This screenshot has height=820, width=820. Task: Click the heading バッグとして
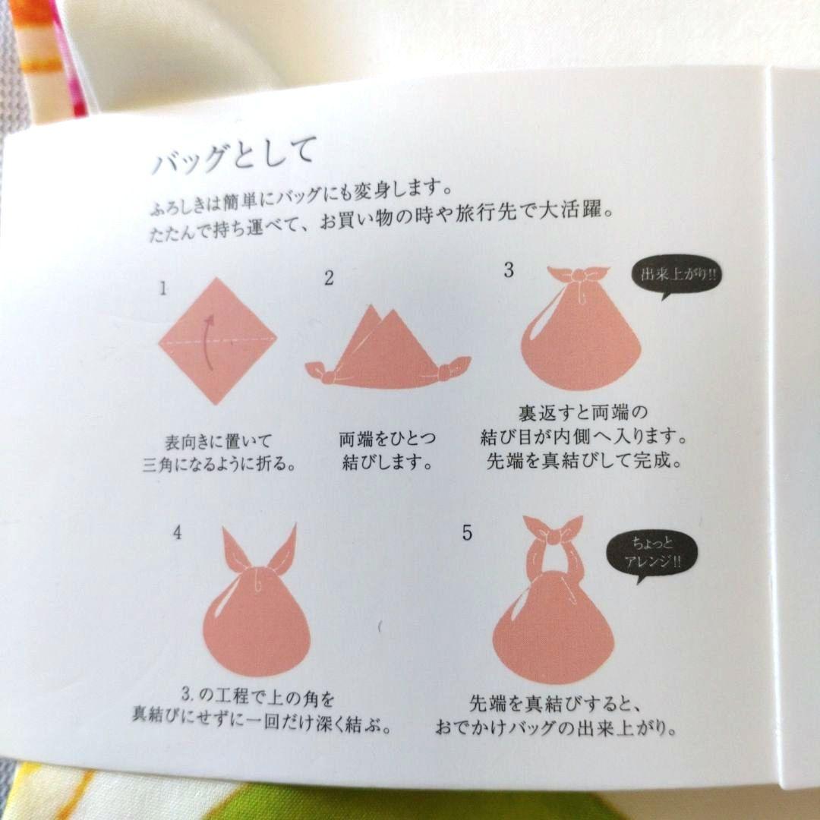(234, 155)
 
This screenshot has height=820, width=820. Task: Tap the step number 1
(163, 289)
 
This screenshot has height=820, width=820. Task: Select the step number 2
(329, 278)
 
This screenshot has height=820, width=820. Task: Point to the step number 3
(508, 270)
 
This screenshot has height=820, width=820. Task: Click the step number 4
(177, 532)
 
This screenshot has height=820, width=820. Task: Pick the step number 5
(467, 533)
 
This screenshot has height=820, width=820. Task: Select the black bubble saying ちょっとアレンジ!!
(651, 554)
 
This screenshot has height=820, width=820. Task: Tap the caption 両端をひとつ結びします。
(387, 449)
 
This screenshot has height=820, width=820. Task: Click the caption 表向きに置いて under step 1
(218, 442)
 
